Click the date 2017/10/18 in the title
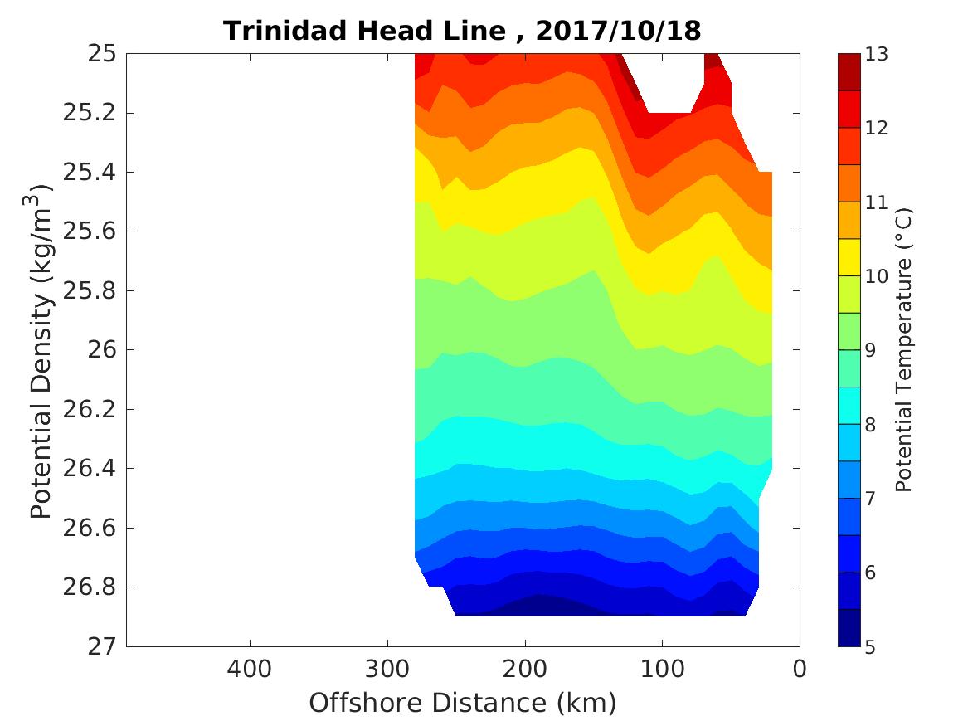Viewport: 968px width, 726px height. point(618,31)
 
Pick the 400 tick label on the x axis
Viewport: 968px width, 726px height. point(250,668)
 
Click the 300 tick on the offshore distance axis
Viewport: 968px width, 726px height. point(387,668)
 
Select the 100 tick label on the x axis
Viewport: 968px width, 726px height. point(662,668)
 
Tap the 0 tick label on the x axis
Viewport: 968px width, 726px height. point(800,668)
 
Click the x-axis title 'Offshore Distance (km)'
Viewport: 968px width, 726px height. point(463,704)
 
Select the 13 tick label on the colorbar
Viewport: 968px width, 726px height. point(877,55)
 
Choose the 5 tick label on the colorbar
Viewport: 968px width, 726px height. point(871,646)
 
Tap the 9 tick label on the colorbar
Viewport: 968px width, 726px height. point(871,350)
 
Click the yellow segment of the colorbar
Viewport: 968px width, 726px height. point(849,257)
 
